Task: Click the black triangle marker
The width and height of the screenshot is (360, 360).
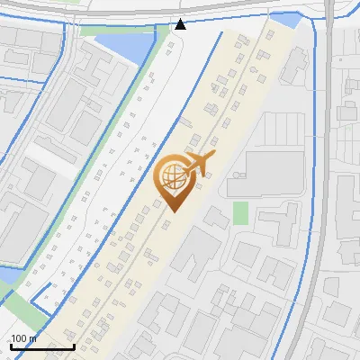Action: [181, 23]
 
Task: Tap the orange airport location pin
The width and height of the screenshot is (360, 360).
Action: [174, 180]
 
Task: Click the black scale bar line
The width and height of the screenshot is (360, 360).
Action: [41, 346]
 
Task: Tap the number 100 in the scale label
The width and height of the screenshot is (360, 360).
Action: [21, 338]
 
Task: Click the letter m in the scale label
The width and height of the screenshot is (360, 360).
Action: [33, 338]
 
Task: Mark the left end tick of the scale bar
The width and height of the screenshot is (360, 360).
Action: [9, 344]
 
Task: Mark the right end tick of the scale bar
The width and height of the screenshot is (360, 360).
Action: [74, 344]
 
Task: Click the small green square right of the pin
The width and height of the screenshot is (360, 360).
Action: [240, 212]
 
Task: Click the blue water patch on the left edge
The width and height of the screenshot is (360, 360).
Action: [6, 274]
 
